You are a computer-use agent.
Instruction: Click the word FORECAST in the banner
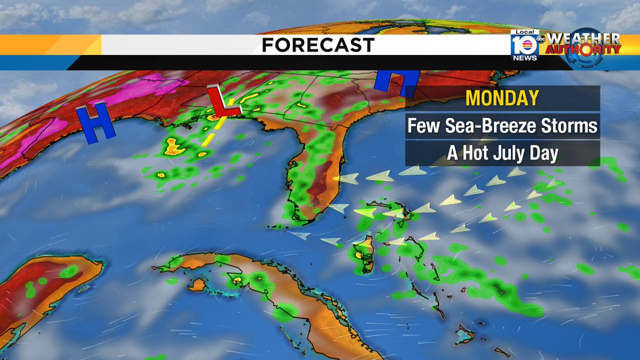tap(318, 45)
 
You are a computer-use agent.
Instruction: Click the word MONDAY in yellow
tap(502, 98)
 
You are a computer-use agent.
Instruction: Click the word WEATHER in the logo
tap(583, 39)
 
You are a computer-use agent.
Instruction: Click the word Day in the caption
tap(545, 154)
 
